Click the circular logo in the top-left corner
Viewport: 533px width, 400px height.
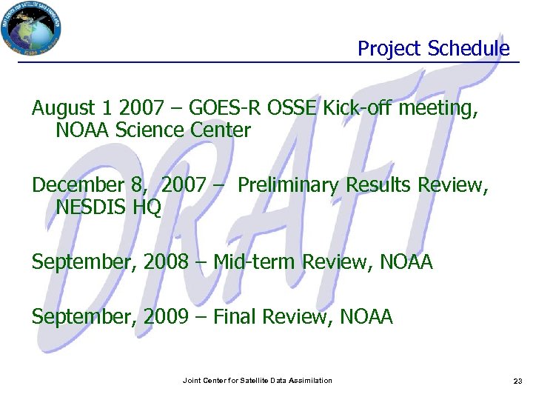(x=31, y=27)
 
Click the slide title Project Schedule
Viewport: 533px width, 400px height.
(x=434, y=49)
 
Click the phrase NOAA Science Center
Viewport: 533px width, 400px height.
(x=153, y=131)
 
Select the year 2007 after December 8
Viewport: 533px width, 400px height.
(x=183, y=186)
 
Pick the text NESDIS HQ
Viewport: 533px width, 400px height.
(x=108, y=207)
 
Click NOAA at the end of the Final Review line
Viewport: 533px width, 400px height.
(x=366, y=317)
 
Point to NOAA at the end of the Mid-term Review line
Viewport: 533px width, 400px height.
(x=406, y=262)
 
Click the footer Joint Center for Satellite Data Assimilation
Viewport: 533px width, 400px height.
(x=258, y=381)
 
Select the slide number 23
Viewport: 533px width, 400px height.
(x=517, y=381)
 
